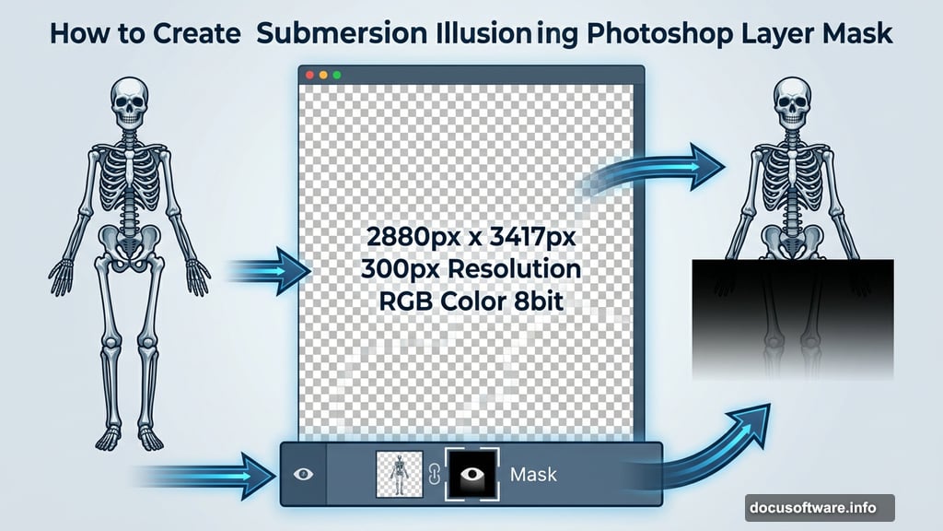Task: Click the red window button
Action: pyautogui.click(x=310, y=74)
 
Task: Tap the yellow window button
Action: pyautogui.click(x=323, y=74)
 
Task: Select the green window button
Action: pyautogui.click(x=336, y=74)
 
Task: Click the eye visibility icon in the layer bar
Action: pyautogui.click(x=304, y=474)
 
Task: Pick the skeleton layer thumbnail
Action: pyautogui.click(x=400, y=474)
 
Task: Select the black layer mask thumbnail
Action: pyautogui.click(x=471, y=474)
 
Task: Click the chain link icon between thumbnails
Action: pyautogui.click(x=435, y=475)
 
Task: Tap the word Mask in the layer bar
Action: pyautogui.click(x=533, y=475)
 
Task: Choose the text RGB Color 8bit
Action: pyautogui.click(x=471, y=302)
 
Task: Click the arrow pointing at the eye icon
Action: pyautogui.click(x=212, y=475)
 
